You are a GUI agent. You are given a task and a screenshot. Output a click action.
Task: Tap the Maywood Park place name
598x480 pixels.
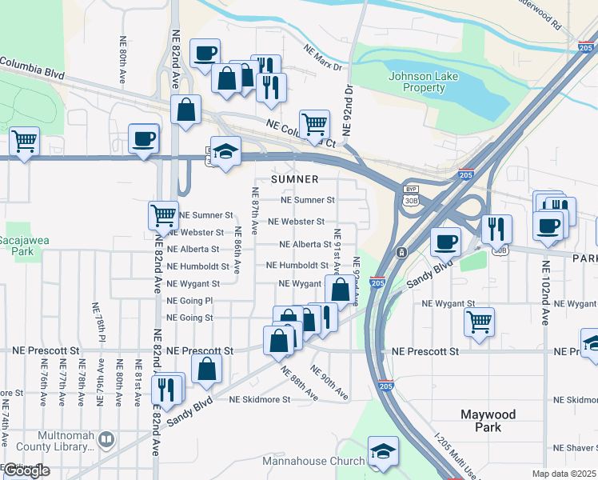pyautogui.click(x=488, y=421)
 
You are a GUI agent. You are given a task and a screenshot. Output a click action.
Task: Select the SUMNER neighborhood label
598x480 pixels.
pyautogui.click(x=294, y=179)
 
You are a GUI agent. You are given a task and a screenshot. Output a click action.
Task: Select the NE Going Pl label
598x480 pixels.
pyautogui.click(x=189, y=301)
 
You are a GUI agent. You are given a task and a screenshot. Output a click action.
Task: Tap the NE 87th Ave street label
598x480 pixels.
pyautogui.click(x=255, y=210)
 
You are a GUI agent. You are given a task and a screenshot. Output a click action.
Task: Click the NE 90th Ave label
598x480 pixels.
pyautogui.click(x=329, y=383)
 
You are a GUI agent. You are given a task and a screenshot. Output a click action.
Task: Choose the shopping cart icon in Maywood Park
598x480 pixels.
pyautogui.click(x=479, y=322)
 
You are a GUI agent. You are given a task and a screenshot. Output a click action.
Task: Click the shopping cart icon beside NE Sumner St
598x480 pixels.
pyautogui.click(x=163, y=214)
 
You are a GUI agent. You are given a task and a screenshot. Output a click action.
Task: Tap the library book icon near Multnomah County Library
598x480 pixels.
pyautogui.click(x=106, y=440)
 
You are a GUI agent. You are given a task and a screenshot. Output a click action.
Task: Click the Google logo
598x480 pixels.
pyautogui.click(x=27, y=471)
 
